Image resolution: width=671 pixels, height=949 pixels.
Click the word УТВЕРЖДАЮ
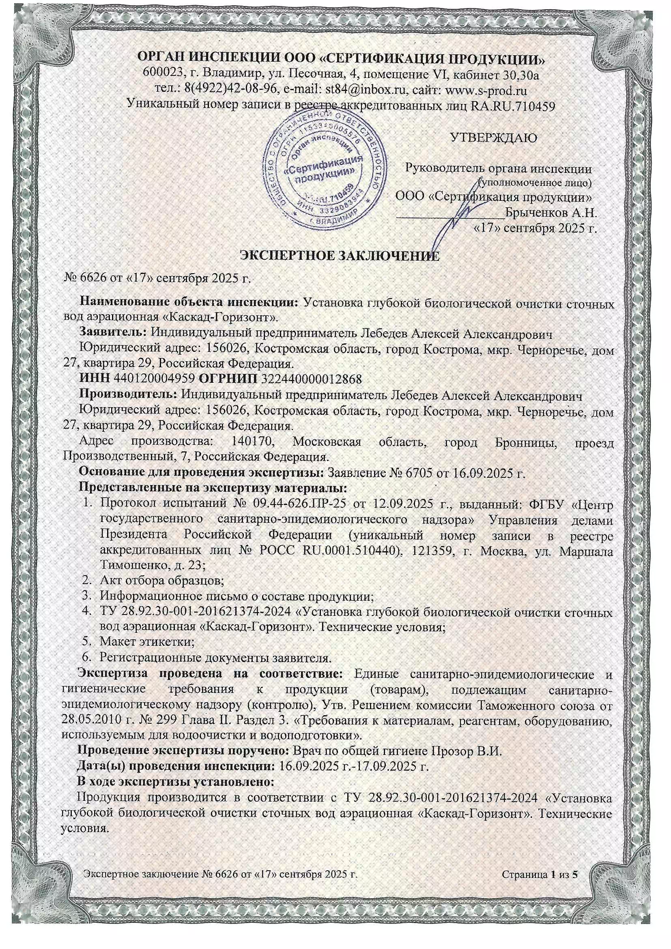point(493,138)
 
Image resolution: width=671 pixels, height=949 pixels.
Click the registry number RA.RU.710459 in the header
point(512,107)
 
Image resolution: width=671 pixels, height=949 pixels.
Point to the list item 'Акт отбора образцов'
point(161,581)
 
